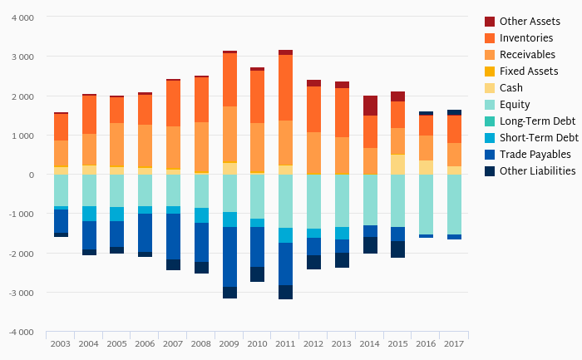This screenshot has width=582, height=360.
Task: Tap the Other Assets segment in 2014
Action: (x=370, y=106)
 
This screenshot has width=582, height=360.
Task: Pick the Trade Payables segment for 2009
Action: (x=229, y=257)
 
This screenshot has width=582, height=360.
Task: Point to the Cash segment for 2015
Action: (x=398, y=165)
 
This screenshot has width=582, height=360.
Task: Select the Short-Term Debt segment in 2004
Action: (x=89, y=214)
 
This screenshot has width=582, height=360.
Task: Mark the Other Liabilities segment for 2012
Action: (x=313, y=262)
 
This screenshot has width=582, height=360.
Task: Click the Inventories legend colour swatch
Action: (x=490, y=38)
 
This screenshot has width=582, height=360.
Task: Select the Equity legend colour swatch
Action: (x=490, y=105)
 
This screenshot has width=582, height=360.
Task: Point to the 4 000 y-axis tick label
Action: (x=22, y=17)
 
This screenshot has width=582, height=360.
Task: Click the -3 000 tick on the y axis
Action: (x=21, y=293)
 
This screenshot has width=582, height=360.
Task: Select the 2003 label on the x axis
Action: (x=61, y=343)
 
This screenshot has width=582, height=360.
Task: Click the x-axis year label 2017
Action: (x=454, y=343)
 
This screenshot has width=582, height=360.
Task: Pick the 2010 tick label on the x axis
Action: (x=258, y=343)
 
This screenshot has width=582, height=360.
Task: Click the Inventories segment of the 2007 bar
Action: (x=173, y=103)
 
